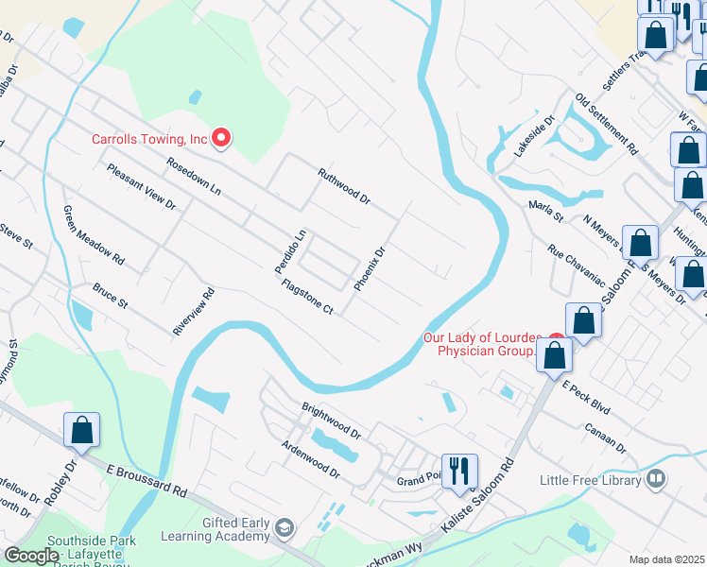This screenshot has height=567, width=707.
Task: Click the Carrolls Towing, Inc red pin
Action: click(x=222, y=139)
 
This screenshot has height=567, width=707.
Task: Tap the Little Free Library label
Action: click(x=589, y=480)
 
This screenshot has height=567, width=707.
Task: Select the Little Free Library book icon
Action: click(x=653, y=480)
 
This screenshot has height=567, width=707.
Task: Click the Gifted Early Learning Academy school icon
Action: click(x=285, y=526)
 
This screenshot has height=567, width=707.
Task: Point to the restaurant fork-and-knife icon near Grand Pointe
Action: click(x=459, y=470)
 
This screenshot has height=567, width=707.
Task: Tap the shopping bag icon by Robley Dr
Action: click(x=82, y=429)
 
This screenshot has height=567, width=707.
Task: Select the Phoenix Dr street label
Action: click(x=370, y=268)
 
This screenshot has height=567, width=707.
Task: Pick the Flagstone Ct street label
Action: click(x=308, y=296)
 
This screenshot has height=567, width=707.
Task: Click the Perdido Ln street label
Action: click(x=291, y=251)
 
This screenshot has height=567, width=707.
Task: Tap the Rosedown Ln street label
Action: click(x=194, y=177)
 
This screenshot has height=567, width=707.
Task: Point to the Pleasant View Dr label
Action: click(x=142, y=186)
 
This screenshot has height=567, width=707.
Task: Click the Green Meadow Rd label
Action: click(x=94, y=234)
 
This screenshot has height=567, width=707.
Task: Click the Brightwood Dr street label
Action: click(x=331, y=421)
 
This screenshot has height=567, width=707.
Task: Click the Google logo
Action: click(x=31, y=556)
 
